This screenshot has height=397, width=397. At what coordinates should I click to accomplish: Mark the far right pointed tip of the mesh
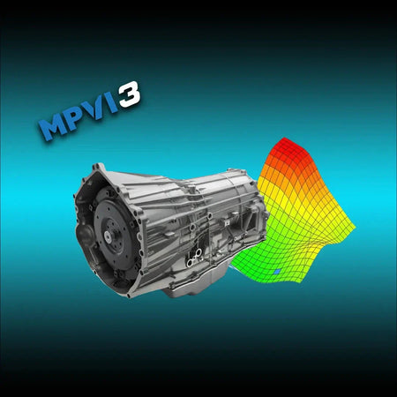pos(355,228)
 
